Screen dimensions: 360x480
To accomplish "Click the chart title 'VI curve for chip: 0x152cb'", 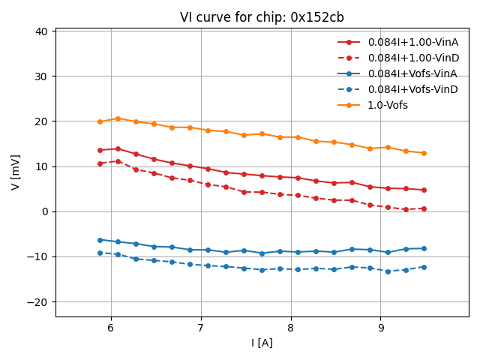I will tap(262, 17).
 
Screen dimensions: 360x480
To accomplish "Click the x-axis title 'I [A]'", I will tap(262, 343).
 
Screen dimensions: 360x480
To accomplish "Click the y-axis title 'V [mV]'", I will tap(16, 172).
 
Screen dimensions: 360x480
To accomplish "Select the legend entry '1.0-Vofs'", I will tap(388, 105).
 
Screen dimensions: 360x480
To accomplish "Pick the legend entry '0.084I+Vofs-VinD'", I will tap(412, 89).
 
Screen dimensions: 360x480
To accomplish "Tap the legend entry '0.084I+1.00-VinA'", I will tap(412, 42).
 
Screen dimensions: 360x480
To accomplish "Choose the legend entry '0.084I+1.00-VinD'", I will tap(412, 58).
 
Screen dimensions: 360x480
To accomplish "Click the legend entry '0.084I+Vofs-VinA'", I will tap(412, 73).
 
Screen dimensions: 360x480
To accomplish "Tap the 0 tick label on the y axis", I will tap(45, 211).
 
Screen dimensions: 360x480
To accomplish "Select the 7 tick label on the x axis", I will tap(201, 328).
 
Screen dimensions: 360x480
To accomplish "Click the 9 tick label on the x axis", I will tap(381, 328).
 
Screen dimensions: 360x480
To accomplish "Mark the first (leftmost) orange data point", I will tap(100, 121).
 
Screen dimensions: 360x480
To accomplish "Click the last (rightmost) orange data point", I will tap(424, 153).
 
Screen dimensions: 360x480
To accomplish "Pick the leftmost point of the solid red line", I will tap(100, 150).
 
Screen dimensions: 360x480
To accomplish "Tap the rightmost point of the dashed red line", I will tap(424, 208).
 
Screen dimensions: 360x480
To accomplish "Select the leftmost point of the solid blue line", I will tap(100, 240).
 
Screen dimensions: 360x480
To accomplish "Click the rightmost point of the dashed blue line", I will tap(424, 267).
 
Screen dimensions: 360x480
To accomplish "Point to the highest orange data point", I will tap(118, 118).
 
